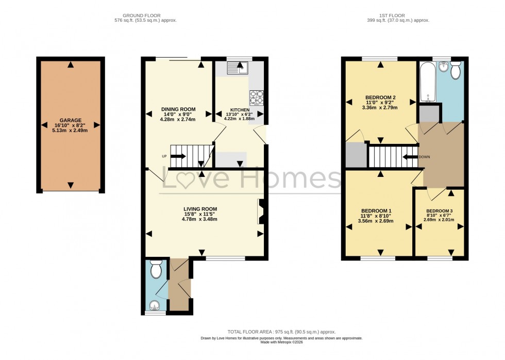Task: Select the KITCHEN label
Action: coord(240,110)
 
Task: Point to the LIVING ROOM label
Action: coord(199,209)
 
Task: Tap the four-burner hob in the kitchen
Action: coord(256,97)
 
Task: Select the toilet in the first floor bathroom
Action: coord(455,71)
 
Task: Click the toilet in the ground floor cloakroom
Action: coord(155,269)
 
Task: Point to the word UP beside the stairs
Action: coord(163,156)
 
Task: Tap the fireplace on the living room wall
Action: coord(261,211)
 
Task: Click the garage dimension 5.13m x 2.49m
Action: coord(70,130)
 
